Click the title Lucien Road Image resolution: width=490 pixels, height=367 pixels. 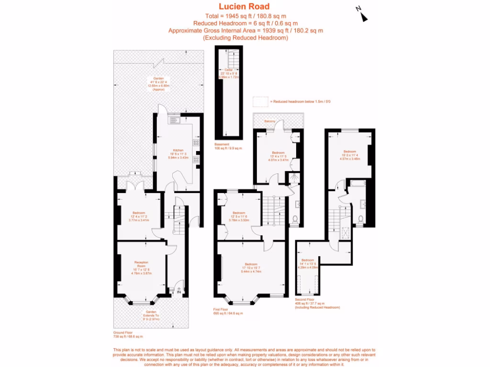(x=244, y=7)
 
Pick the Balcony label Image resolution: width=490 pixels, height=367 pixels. (x=269, y=121)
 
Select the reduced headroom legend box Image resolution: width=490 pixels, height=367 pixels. (x=260, y=101)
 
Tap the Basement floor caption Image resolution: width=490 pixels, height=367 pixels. (x=222, y=144)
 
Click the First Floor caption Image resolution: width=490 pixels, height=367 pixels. (x=221, y=309)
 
